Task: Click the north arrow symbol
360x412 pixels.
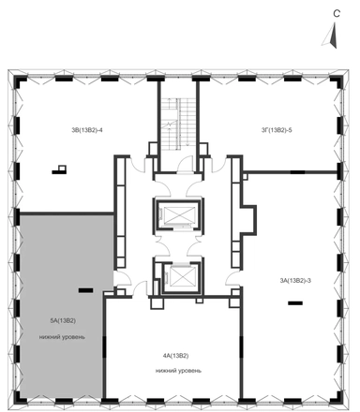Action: [x=332, y=37]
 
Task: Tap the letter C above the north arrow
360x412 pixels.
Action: [x=337, y=14]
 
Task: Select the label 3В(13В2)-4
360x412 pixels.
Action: [x=87, y=130]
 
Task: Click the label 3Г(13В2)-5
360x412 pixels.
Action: [x=277, y=130]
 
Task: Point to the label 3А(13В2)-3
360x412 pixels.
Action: [x=295, y=281]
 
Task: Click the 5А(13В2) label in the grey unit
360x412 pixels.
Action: [x=63, y=320]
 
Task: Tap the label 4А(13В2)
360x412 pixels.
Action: [x=175, y=356]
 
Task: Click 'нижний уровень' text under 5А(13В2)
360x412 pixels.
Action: [x=62, y=337]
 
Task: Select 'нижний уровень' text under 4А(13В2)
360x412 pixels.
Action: [x=178, y=371]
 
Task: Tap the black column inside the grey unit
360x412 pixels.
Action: [x=85, y=290]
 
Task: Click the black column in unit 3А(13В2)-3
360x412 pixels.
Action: [x=295, y=302]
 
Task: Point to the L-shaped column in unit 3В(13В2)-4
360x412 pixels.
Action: [x=59, y=169]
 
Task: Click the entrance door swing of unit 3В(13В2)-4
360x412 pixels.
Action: [x=137, y=165]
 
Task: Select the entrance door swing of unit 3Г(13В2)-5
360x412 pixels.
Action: [x=218, y=165]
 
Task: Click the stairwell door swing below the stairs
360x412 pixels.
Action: [x=185, y=164]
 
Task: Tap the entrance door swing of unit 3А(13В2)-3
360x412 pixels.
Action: [x=232, y=278]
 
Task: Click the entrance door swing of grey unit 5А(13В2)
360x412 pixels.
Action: [x=121, y=278]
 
